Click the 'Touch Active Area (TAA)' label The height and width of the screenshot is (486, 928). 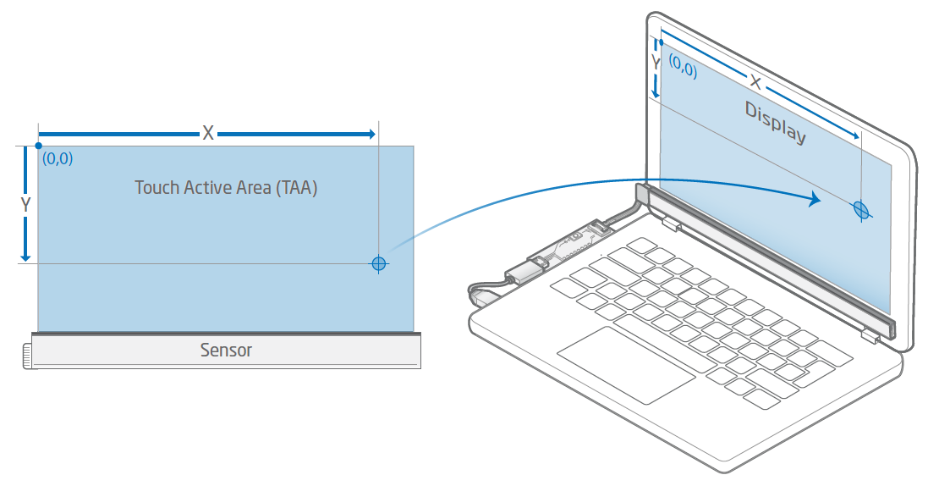226,187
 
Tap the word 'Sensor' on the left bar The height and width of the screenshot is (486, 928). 226,350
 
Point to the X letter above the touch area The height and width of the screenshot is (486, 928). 207,134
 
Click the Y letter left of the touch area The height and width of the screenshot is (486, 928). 25,205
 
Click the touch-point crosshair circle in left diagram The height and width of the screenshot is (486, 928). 379,263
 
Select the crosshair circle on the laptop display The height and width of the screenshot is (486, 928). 860,208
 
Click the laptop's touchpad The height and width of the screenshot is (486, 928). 627,364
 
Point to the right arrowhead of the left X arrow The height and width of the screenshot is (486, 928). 369,134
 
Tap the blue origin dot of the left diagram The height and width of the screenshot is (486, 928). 38,146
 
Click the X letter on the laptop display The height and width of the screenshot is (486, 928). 755,83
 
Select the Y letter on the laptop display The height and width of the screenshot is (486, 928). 655,63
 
